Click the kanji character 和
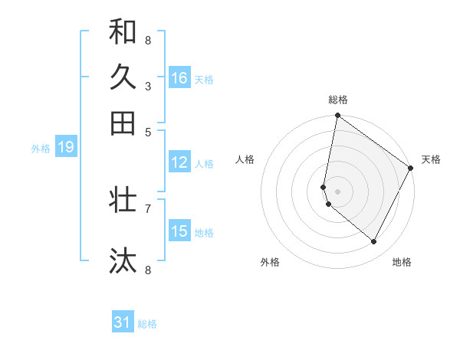[123, 32]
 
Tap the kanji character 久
[123, 77]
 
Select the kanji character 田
[123, 123]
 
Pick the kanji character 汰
[123, 260]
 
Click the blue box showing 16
[179, 78]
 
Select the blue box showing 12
[179, 162]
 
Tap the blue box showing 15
[179, 232]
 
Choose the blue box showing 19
[65, 148]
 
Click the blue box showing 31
[123, 323]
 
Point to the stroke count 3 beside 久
[148, 87]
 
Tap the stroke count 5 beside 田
[148, 131]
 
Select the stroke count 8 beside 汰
[148, 270]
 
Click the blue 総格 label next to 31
[147, 324]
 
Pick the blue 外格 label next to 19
[41, 149]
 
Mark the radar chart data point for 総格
[337, 116]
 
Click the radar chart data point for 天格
[411, 169]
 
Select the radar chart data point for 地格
[374, 241]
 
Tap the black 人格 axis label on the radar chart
[245, 159]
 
